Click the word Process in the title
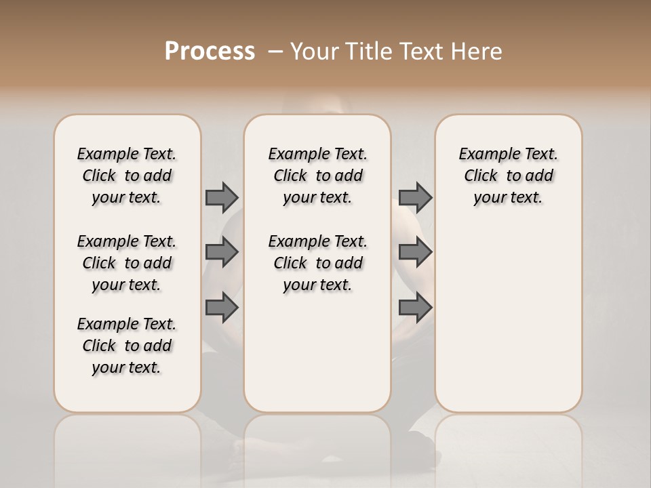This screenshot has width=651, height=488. [x=210, y=52]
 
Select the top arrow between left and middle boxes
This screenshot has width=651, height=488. [x=222, y=197]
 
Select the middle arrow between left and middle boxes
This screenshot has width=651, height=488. [x=222, y=252]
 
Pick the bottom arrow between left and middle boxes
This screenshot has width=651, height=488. [x=222, y=307]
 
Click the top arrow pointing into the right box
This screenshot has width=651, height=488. [x=415, y=197]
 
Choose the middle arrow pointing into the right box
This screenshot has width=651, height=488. [x=415, y=252]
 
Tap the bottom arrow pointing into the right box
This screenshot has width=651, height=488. [x=415, y=307]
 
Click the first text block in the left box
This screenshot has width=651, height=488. [x=127, y=176]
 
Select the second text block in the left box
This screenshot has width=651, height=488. [x=127, y=263]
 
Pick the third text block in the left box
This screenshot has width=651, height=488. [x=127, y=346]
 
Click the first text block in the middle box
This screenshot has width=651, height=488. [x=317, y=176]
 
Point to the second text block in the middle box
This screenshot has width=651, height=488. [x=317, y=263]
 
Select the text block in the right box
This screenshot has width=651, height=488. [x=508, y=176]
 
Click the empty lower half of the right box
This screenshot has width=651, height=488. [x=508, y=325]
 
